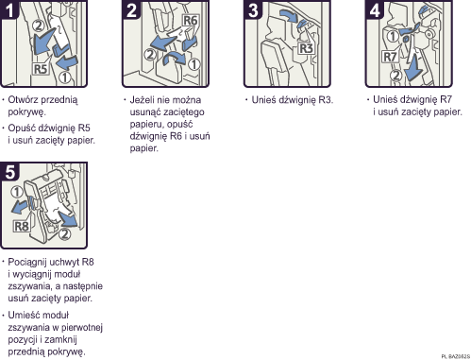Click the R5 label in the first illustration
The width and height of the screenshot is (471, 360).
(x=40, y=69)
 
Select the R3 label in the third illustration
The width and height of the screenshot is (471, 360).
(x=306, y=48)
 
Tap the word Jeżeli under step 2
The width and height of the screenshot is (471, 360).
(x=146, y=98)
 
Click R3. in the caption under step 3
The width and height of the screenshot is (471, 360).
(x=323, y=98)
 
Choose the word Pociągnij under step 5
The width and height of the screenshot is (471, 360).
(x=30, y=260)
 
